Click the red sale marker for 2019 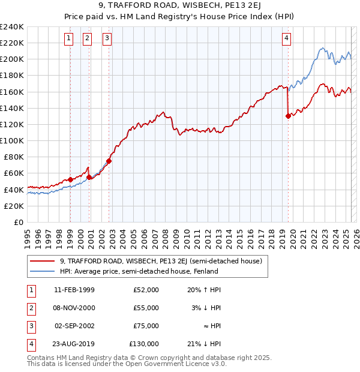[289, 116]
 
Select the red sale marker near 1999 [70, 179]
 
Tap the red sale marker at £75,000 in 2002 [109, 161]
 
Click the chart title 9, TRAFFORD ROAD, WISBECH [180, 7]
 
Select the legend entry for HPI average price [138, 271]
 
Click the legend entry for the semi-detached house [160, 261]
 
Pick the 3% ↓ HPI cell [207, 308]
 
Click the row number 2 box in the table [29, 308]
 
